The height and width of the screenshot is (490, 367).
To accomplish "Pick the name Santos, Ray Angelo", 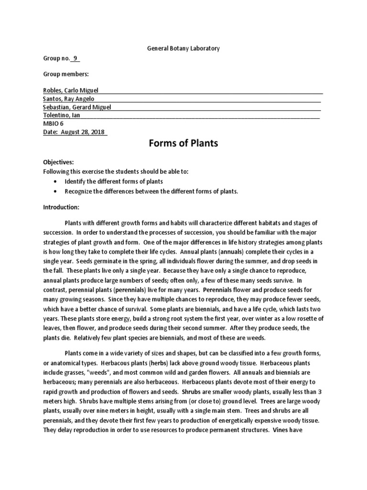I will click(x=69, y=99).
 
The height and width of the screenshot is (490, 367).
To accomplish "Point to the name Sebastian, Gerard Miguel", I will click(x=77, y=107).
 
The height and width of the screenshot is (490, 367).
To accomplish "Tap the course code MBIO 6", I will click(x=54, y=123).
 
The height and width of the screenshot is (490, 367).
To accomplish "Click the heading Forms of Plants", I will click(x=183, y=144).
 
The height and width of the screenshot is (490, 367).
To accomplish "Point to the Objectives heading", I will click(x=59, y=162).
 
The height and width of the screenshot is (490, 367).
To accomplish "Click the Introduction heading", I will click(x=61, y=207).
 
